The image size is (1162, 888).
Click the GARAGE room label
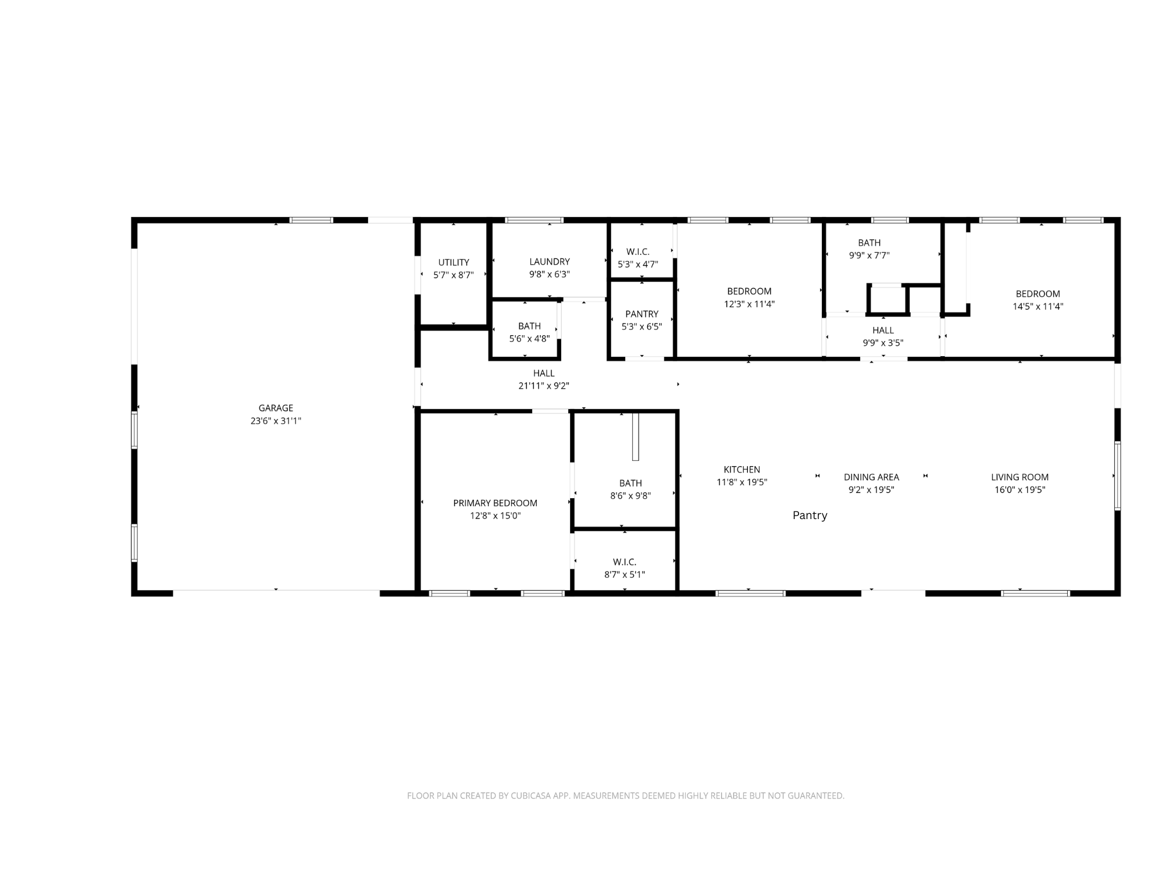tap(276, 408)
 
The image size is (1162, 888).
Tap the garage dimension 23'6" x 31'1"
tap(276, 421)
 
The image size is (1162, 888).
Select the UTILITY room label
tap(454, 262)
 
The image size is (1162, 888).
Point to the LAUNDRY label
tap(550, 262)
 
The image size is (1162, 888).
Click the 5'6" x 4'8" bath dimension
tap(529, 339)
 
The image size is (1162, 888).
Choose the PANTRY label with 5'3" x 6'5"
tap(642, 314)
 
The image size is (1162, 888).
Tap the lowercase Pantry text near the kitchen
tap(810, 516)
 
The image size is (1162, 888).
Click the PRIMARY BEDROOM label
tap(496, 503)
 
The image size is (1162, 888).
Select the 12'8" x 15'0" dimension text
tap(496, 516)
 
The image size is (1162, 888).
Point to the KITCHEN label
tap(742, 470)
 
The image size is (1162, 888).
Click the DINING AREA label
tap(872, 477)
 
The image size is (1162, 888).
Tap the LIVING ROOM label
tap(1020, 477)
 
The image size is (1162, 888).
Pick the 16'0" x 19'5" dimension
tap(1020, 490)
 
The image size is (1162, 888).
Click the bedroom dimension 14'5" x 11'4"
tap(1038, 307)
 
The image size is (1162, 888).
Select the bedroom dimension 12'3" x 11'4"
tap(750, 304)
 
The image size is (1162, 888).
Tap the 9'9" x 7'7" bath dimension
tap(869, 255)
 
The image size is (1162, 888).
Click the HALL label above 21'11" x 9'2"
tap(544, 373)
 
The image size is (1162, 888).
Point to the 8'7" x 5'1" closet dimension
tap(625, 575)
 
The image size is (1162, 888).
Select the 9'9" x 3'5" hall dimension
tap(883, 343)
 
